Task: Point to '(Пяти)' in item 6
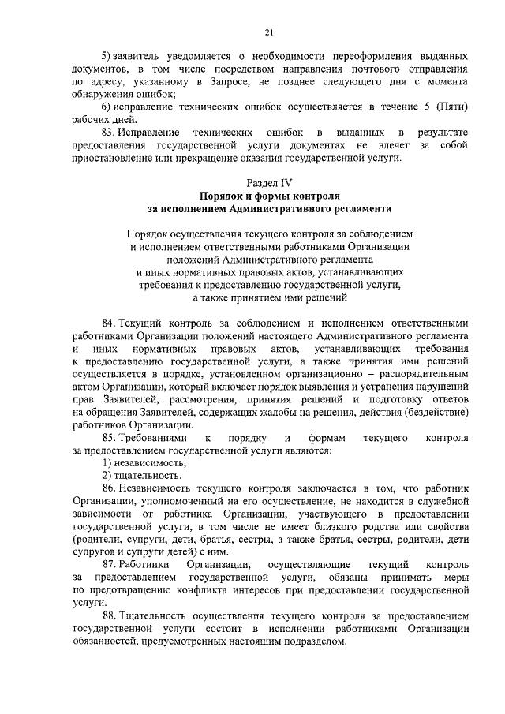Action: tap(453, 107)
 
